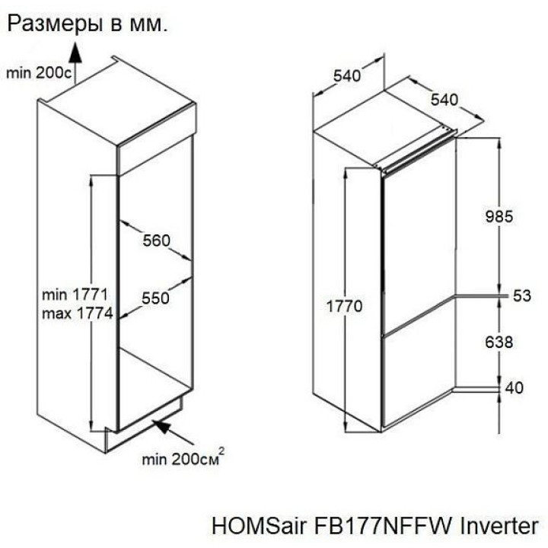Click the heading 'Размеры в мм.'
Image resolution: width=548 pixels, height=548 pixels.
tap(88, 24)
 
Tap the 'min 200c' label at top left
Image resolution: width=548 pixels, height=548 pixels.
tap(39, 73)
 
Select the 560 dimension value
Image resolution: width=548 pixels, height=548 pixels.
tap(156, 241)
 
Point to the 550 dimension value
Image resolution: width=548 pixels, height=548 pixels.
tap(155, 298)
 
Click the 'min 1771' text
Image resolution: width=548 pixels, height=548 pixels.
tap(75, 295)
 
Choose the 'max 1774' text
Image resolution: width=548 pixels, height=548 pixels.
tap(77, 314)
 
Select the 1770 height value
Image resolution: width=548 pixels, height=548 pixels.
tap(344, 307)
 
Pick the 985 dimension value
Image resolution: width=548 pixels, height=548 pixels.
tap(499, 217)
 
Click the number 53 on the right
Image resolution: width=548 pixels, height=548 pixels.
tap(522, 296)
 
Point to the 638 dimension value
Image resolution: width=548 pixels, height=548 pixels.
tap(499, 342)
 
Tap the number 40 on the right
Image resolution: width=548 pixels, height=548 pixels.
tap(514, 388)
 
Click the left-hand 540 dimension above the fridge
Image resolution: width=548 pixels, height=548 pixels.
tap(347, 76)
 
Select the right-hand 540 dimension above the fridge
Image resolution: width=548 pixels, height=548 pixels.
tap(444, 100)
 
